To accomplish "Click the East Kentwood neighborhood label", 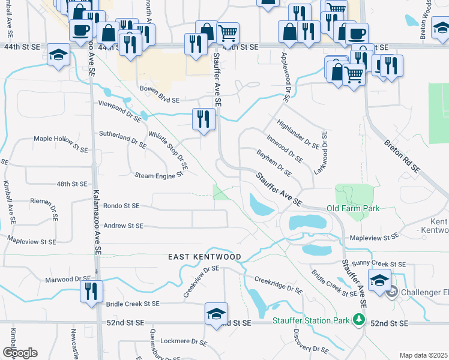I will pyautogui.click(x=204, y=257).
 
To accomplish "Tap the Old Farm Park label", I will pyautogui.click(x=353, y=208).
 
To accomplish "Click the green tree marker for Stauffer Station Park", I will pyautogui.click(x=359, y=319).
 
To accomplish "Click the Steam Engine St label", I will pyautogui.click(x=158, y=175).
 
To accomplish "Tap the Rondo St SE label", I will pyautogui.click(x=121, y=205).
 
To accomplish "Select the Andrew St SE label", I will pyautogui.click(x=123, y=226).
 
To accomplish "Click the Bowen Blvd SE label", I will pyautogui.click(x=159, y=92).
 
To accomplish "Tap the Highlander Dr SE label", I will pyautogui.click(x=298, y=134).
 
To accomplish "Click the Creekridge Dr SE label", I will pyautogui.click(x=278, y=284).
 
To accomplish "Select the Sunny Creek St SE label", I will pyautogui.click(x=381, y=263).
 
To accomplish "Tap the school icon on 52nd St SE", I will pyautogui.click(x=217, y=314).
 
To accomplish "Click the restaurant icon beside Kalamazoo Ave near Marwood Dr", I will pyautogui.click(x=92, y=292).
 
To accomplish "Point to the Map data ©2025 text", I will pyautogui.click(x=423, y=355).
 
